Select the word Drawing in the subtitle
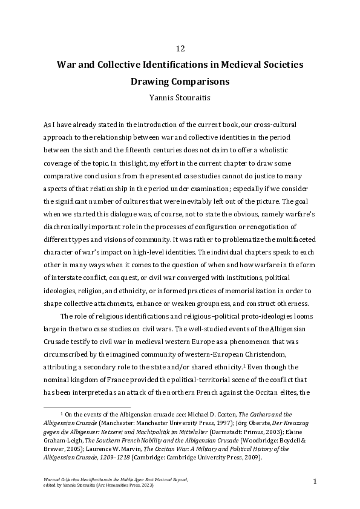point(151,80)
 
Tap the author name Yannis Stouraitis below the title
point(180,96)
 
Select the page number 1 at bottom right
point(316,481)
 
